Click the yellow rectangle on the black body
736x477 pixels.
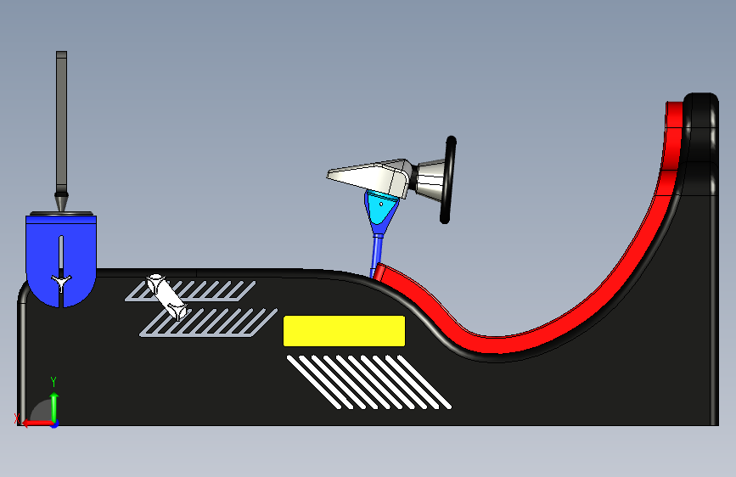click(x=343, y=330)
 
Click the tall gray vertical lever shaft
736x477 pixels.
click(x=61, y=119)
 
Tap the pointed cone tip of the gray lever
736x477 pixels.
click(x=61, y=203)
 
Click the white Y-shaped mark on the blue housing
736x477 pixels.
click(x=61, y=279)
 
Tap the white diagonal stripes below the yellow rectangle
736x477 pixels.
click(x=369, y=381)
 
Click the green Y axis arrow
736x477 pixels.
click(x=53, y=405)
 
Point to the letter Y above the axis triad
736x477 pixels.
click(x=53, y=381)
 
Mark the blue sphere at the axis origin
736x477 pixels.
click(x=53, y=422)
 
